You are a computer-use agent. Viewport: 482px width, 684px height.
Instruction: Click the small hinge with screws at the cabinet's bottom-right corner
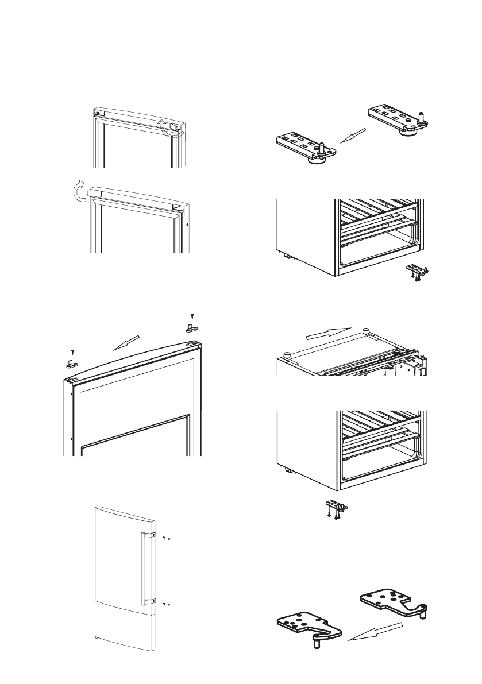(x=418, y=271)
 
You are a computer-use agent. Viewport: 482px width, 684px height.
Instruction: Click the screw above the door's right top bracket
(x=192, y=315)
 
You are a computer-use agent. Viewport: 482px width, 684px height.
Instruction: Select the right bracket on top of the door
(x=192, y=328)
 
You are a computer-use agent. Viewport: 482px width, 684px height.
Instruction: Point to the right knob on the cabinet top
(x=365, y=331)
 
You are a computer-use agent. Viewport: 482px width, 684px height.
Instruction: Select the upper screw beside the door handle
(x=165, y=538)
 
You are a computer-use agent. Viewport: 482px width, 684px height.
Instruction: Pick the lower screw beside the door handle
(x=165, y=604)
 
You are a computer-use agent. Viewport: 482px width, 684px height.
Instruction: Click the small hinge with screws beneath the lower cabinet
(x=336, y=508)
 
